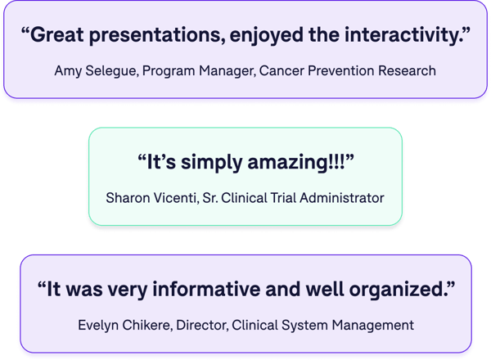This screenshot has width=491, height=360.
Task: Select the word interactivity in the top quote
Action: click(x=395, y=37)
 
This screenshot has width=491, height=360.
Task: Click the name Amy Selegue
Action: click(x=97, y=71)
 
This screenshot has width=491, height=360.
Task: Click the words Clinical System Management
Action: click(x=322, y=325)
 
